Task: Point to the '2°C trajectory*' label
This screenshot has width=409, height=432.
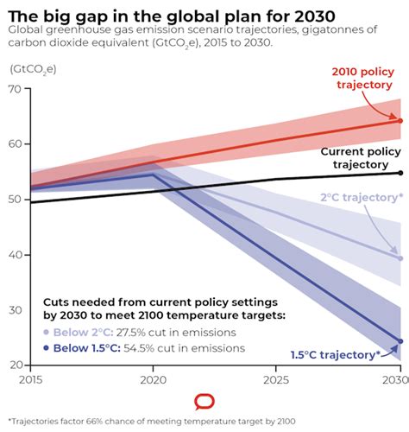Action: (x=362, y=198)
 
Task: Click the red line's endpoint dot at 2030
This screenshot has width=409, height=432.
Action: (x=400, y=120)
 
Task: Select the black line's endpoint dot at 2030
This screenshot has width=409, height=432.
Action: (x=400, y=173)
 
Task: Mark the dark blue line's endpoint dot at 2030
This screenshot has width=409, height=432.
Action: (x=400, y=341)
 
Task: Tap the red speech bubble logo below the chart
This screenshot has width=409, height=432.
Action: (x=204, y=402)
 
